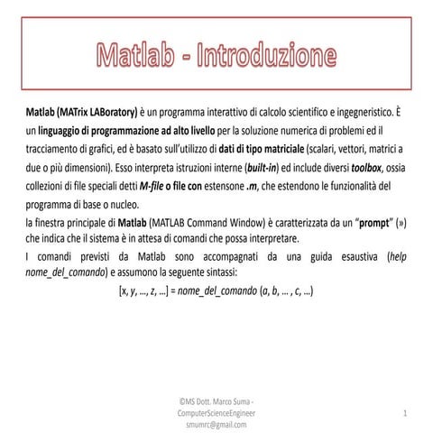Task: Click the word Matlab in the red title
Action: tap(142, 55)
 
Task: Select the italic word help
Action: tap(397, 256)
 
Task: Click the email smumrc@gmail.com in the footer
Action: tap(216, 423)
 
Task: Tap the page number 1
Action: tap(405, 411)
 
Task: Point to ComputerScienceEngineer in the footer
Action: tap(216, 411)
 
